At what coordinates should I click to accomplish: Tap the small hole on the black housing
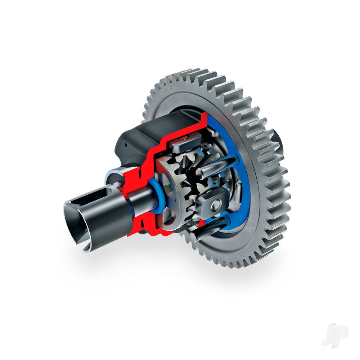[126, 145]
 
